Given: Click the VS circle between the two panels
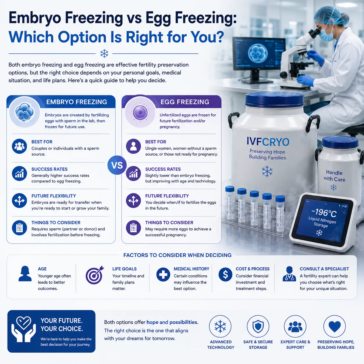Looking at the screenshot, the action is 117,165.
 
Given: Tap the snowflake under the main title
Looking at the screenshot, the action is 104,53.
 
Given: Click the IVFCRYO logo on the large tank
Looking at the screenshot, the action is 268,142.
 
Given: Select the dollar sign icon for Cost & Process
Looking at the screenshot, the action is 225,275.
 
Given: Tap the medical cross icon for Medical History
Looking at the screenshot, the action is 163,275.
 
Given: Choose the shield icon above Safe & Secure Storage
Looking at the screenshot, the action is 258,326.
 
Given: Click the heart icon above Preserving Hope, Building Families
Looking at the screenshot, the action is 334,327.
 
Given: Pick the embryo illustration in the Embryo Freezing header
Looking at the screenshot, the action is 25,112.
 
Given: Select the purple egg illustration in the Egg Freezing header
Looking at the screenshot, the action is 140,112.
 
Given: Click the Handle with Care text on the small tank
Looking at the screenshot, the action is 334,176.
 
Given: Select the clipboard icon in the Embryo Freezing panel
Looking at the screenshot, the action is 19,228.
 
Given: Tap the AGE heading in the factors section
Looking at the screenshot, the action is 42,269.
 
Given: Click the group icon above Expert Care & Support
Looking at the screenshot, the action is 295,327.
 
